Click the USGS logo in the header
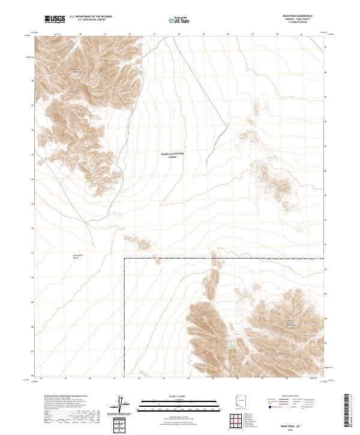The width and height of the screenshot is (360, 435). [55, 19]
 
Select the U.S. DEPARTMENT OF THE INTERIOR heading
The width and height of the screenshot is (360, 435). [91, 16]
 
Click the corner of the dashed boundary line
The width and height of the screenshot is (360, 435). [124, 259]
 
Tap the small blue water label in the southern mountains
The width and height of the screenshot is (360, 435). [229, 346]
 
